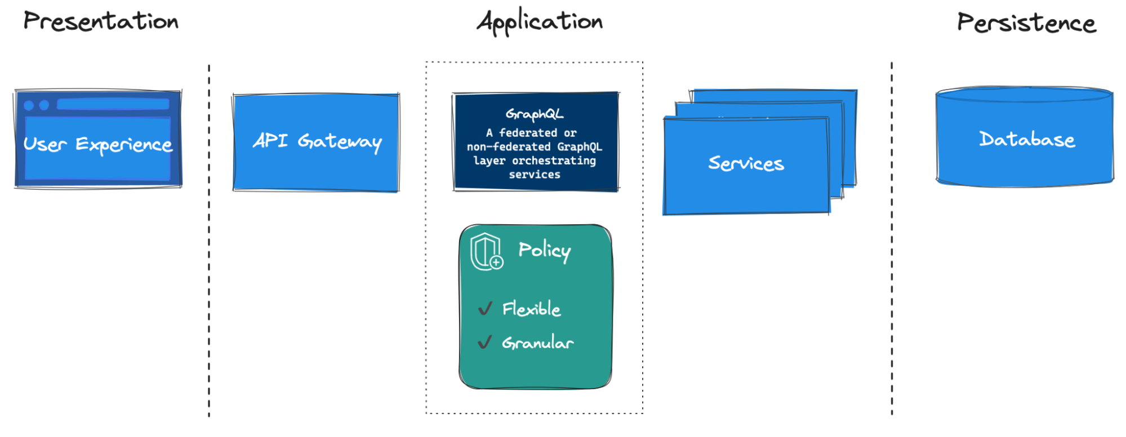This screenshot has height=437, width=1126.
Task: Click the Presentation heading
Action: pyautogui.click(x=101, y=21)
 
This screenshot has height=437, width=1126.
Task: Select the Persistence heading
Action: pyautogui.click(x=1026, y=23)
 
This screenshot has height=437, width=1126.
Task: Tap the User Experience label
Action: pyautogui.click(x=98, y=145)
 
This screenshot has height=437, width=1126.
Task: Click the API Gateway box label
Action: pyautogui.click(x=317, y=141)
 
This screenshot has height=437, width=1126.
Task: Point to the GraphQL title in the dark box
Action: pyautogui.click(x=535, y=114)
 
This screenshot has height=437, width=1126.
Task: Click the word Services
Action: pyautogui.click(x=746, y=163)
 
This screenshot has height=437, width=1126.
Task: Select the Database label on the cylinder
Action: pyautogui.click(x=1027, y=139)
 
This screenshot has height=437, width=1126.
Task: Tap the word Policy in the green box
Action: pyautogui.click(x=544, y=251)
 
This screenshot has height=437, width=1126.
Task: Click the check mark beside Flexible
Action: pyautogui.click(x=485, y=309)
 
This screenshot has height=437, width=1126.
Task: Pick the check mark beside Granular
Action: pyautogui.click(x=485, y=342)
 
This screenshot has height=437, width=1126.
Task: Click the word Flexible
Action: pyautogui.click(x=531, y=309)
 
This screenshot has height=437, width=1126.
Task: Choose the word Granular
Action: pyautogui.click(x=538, y=342)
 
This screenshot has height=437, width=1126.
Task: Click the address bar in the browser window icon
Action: pyautogui.click(x=113, y=104)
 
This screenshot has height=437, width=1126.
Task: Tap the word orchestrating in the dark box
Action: pyautogui.click(x=554, y=160)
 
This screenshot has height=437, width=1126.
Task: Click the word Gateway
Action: pyautogui.click(x=340, y=142)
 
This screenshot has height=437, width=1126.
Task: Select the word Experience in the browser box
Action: pyautogui.click(x=124, y=145)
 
